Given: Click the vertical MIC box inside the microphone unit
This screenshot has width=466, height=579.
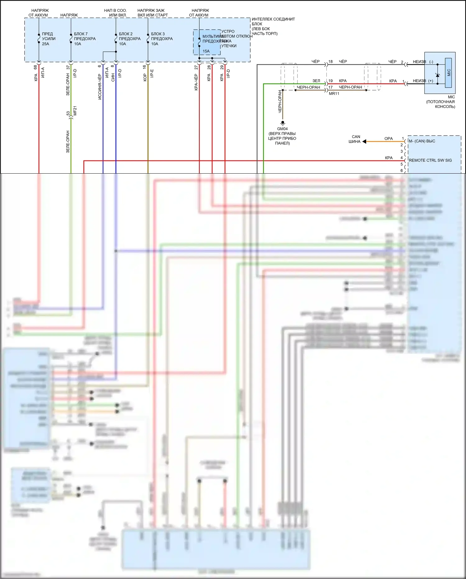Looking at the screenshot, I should [x=448, y=72].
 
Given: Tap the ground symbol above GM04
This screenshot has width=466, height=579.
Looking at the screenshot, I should [x=283, y=123].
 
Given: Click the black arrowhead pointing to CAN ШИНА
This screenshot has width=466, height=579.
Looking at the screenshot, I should [x=364, y=142].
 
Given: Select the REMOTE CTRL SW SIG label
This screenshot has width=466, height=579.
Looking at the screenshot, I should [x=430, y=160].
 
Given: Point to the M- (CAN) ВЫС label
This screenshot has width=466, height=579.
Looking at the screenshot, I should [x=422, y=141].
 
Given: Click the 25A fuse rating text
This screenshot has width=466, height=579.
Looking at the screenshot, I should [x=45, y=44].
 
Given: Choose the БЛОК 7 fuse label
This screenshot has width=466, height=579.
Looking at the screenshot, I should [x=81, y=34].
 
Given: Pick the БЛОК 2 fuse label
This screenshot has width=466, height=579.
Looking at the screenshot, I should [x=126, y=34].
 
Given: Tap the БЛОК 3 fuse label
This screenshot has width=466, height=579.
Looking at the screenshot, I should [x=158, y=34].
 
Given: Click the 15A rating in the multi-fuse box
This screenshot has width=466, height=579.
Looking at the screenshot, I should [x=206, y=51].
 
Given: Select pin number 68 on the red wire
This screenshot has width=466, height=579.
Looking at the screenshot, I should [x=35, y=67].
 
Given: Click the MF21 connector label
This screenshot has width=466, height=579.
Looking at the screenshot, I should [x=75, y=111].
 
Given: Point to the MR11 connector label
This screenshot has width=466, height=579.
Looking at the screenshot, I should [x=334, y=94].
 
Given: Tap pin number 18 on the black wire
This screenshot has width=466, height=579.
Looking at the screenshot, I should [x=330, y=62].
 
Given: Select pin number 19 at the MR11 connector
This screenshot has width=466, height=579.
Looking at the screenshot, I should [x=330, y=81].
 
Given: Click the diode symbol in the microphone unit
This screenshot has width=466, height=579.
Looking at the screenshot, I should [x=438, y=75].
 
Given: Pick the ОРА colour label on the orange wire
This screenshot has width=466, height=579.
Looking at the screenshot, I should [x=389, y=138].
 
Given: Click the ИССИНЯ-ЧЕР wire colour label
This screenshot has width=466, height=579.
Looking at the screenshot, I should [x=99, y=86].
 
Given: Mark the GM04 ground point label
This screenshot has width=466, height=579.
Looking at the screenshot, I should [x=282, y=129].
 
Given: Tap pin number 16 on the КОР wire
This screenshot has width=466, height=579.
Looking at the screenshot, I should [x=144, y=67].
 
